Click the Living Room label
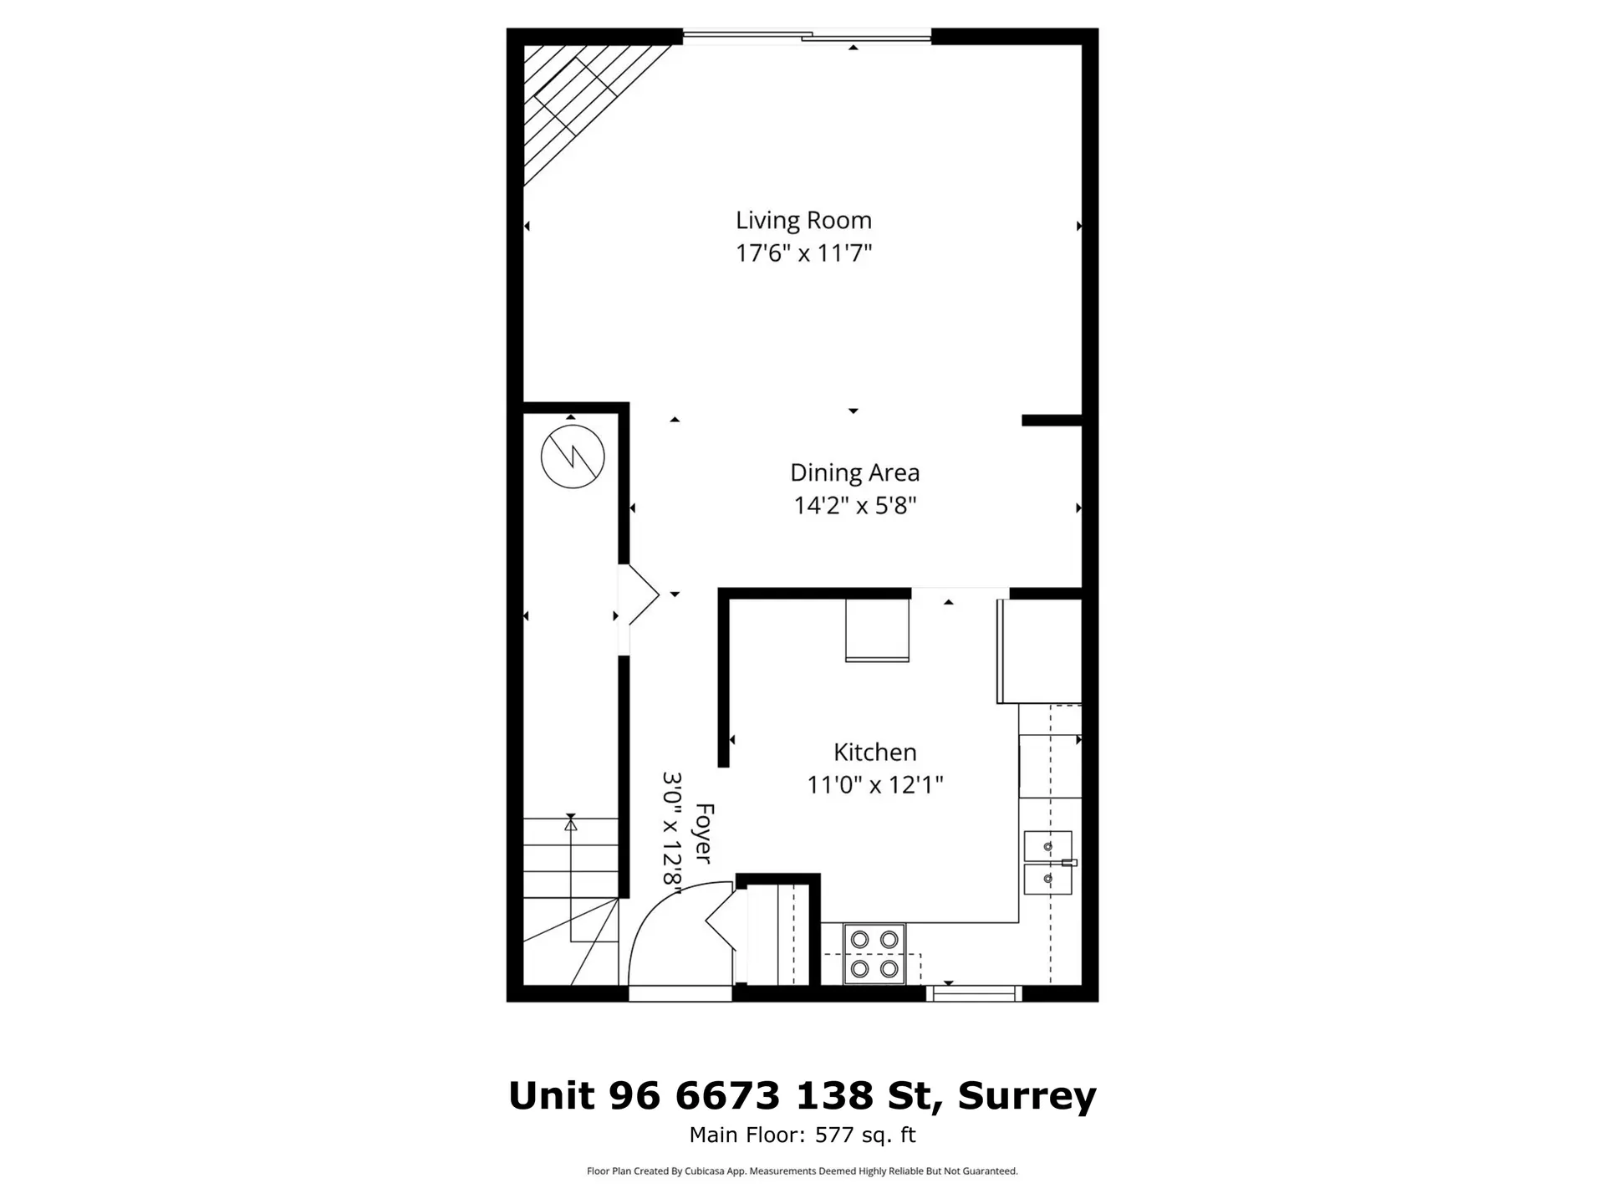pos(803,221)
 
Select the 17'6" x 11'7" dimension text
pos(803,253)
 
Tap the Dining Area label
pos(854,473)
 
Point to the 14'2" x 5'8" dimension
pos(854,506)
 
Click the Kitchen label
pos(874,752)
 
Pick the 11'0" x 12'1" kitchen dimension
pos(874,785)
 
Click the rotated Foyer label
pos(704,834)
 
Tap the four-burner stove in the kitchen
pos(874,954)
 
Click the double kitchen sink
pos(1047,863)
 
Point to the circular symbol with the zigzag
pos(573,457)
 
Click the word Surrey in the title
pos(1027,1095)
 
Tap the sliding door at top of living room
pos(807,36)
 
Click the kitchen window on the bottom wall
pos(974,993)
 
